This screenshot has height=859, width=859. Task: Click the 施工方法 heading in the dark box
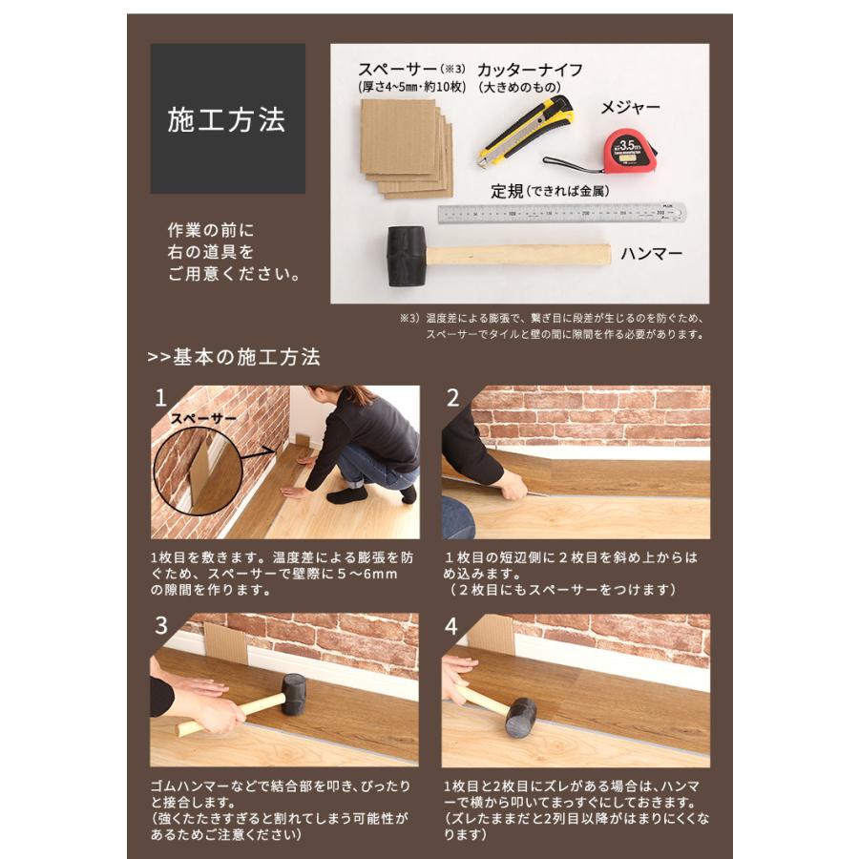click(226, 119)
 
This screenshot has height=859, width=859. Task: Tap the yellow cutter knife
click(527, 128)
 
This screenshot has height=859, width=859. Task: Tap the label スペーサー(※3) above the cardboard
click(411, 70)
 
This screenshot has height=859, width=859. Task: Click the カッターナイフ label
click(530, 70)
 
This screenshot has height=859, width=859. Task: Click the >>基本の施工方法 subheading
click(234, 358)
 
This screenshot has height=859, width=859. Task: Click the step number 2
click(453, 398)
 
